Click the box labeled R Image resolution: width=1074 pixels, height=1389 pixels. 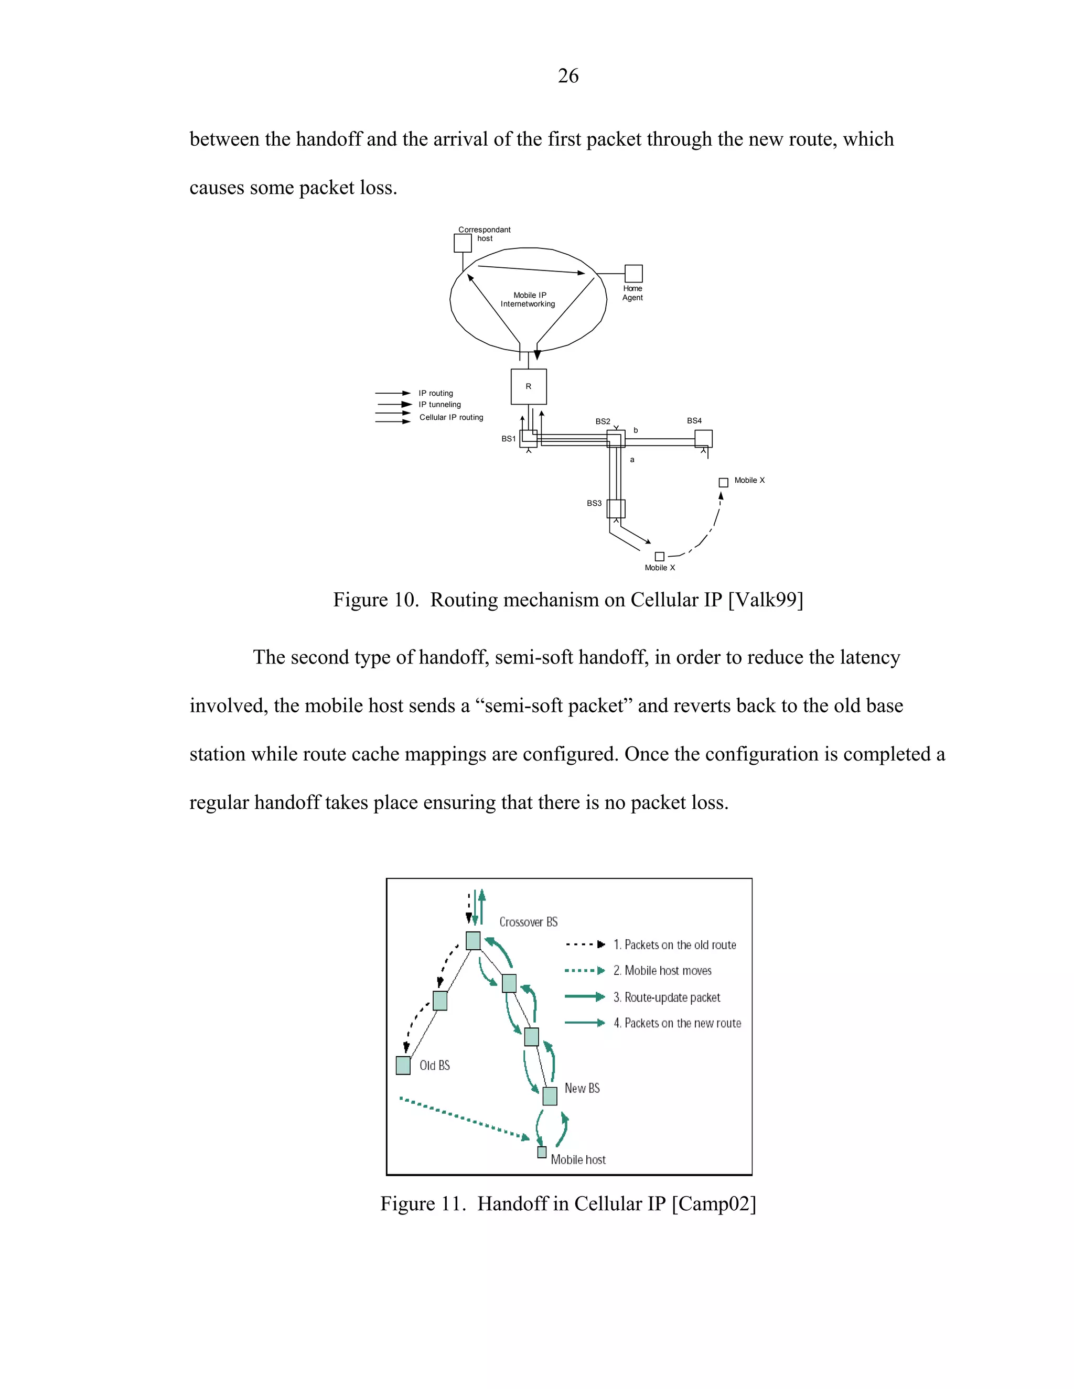528,387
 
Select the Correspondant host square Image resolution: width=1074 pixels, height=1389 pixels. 463,243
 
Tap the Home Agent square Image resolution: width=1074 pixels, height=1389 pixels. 633,274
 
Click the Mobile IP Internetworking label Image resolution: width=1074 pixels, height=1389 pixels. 528,299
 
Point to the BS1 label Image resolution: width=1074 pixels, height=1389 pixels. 508,439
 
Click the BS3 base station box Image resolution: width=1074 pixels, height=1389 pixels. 616,509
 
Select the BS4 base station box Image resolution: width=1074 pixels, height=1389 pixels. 703,438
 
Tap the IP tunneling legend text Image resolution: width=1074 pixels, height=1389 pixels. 439,405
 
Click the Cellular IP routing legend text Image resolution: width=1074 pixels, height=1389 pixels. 451,417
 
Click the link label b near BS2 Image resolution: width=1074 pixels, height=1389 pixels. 636,430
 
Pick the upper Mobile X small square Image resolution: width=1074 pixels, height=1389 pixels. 723,483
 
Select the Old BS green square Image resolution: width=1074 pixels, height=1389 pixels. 403,1065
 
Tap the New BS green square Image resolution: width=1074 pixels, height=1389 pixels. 550,1096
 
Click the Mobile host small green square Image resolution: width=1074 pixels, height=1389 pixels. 541,1152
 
